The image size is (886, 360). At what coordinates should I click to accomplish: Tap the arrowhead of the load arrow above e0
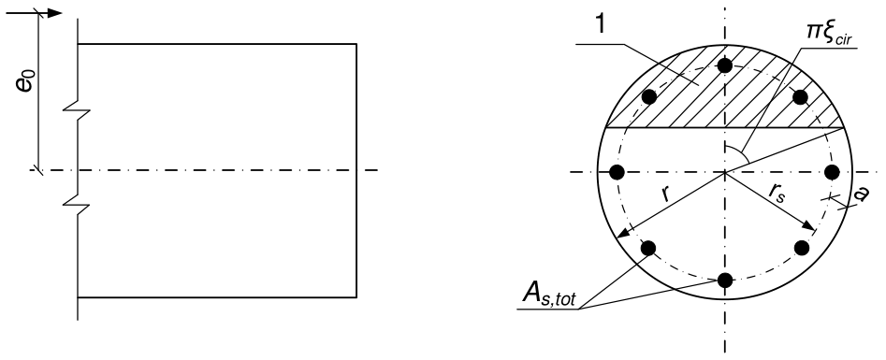pos(55,13)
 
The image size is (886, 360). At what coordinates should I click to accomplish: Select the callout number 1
pos(602,26)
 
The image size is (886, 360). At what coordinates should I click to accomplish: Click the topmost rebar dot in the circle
pos(725,65)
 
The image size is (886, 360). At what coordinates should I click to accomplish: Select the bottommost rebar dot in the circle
pos(725,280)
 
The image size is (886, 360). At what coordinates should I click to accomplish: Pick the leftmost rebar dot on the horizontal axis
pos(617,172)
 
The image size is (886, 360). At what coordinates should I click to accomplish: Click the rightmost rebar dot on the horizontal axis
pos(833,172)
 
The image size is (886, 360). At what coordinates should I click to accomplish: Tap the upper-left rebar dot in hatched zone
pos(649,96)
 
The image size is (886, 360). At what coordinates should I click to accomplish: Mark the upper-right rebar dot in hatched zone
pos(800,96)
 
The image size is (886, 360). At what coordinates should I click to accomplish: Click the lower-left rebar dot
pos(648,248)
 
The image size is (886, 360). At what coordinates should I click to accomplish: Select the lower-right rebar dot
pos(802,248)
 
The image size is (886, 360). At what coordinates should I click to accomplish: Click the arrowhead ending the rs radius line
pos(808,226)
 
